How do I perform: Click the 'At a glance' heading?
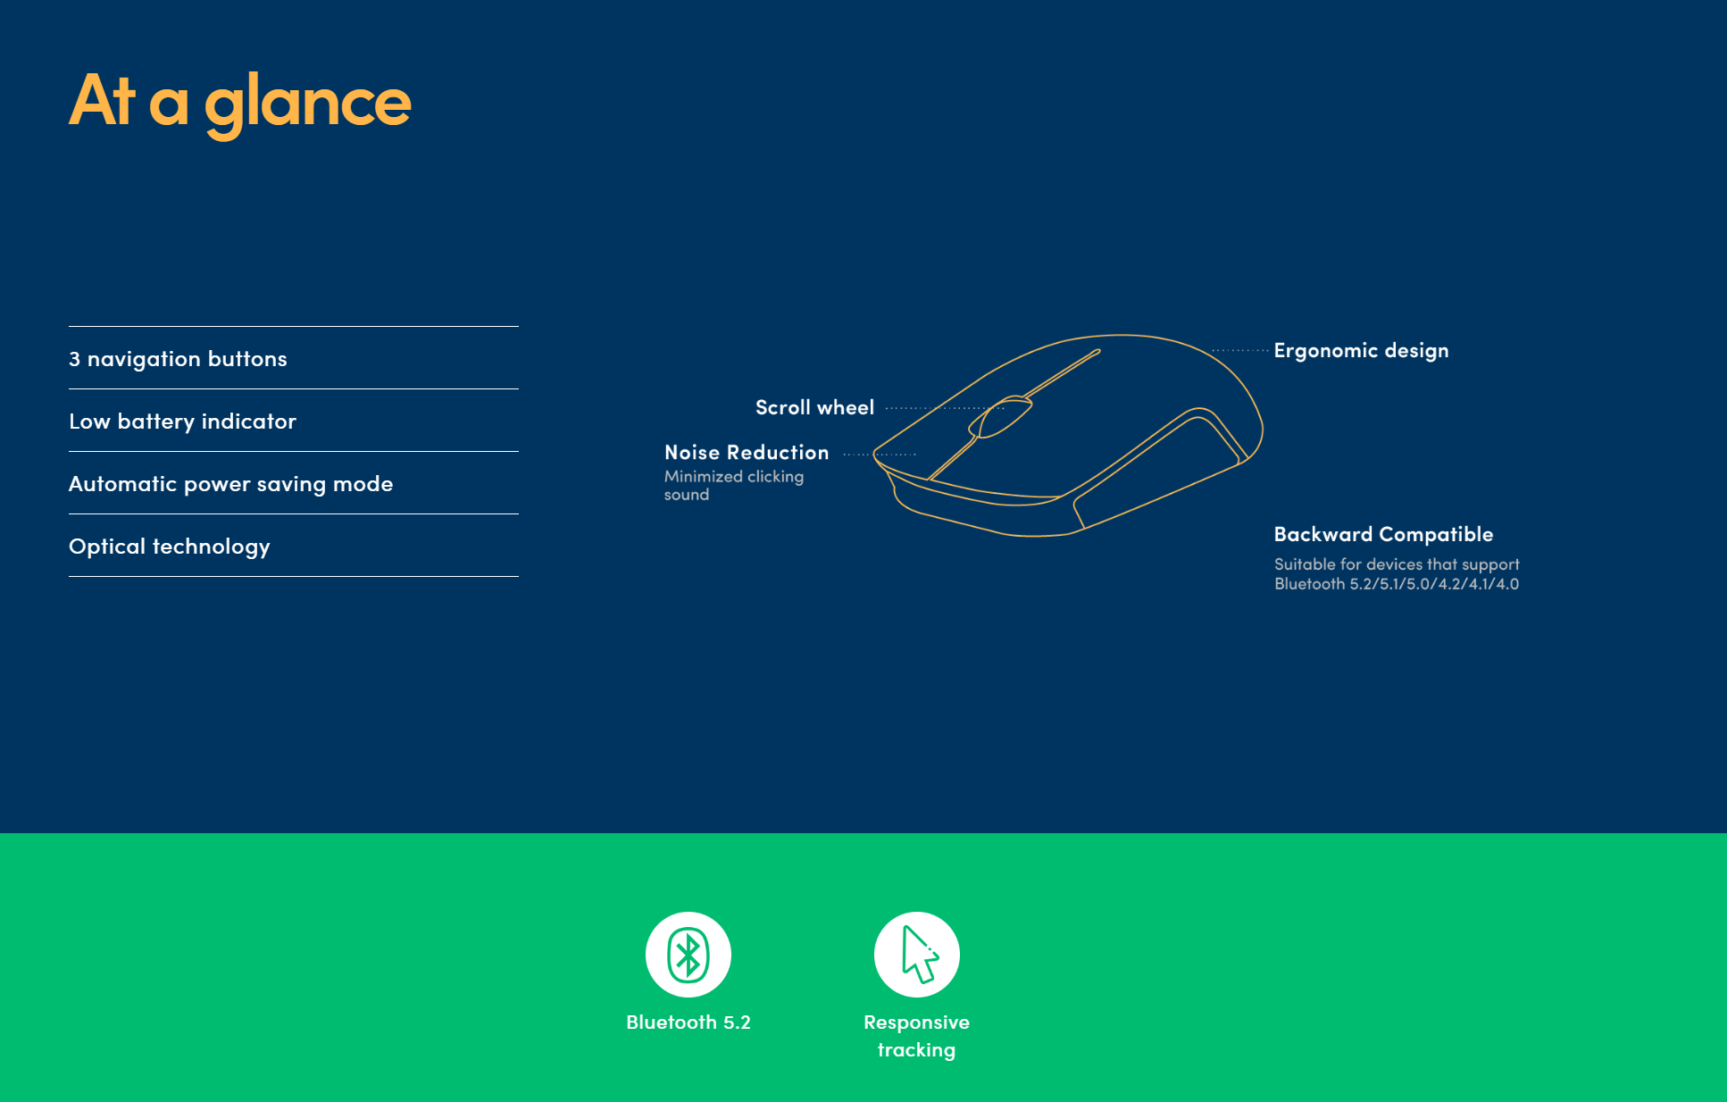[239, 102]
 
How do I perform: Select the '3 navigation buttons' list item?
[178, 359]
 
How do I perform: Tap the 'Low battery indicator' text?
[182, 422]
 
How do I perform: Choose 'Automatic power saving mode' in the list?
[230, 484]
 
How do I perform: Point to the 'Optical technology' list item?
[169, 547]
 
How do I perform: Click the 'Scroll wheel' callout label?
[814, 408]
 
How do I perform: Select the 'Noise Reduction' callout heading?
[747, 453]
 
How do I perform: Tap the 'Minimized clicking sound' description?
[733, 486]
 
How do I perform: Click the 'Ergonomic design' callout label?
[1361, 351]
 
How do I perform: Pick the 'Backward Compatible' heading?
[1383, 535]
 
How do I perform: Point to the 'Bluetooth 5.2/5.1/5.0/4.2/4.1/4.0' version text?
[1396, 584]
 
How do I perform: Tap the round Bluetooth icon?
[688, 955]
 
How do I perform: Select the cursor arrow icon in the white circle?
[917, 955]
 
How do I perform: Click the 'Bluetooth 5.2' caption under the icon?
[688, 1023]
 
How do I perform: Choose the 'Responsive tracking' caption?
[916, 1036]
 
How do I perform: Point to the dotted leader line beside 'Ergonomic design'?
[1240, 351]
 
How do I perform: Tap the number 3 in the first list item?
[74, 359]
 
